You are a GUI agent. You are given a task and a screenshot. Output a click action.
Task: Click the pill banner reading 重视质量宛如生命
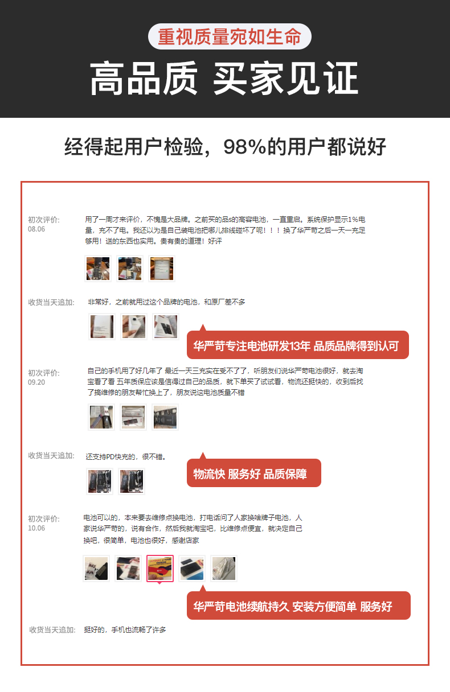230,36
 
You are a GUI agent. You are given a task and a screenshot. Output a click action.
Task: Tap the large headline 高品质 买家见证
224,78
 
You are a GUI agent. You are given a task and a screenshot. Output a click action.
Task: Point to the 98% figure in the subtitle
244,146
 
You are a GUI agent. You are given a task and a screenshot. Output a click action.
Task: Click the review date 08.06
36,229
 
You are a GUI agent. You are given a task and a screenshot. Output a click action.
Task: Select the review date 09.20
36,382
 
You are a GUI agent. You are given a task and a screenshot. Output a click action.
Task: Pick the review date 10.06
36,528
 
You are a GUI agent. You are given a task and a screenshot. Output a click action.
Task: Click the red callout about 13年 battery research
297,345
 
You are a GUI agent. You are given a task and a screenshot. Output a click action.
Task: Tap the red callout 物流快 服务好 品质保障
254,473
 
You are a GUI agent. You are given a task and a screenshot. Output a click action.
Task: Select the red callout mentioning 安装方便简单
298,605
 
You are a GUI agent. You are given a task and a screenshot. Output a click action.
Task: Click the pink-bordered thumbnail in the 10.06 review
160,569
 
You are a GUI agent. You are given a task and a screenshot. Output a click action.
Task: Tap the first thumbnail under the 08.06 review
98,269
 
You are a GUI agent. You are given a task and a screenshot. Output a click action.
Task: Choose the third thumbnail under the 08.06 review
162,269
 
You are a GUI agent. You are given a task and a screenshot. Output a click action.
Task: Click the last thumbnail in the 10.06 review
224,569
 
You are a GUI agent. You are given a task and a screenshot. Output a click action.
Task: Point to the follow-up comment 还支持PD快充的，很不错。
126,456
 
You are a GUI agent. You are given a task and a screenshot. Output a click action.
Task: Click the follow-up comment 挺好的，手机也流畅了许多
125,629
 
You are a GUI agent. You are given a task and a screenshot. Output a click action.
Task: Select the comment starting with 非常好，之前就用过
166,302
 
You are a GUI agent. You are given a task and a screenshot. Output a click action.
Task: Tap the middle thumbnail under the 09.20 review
133,417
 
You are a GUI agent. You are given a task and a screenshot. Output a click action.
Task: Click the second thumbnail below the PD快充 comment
132,481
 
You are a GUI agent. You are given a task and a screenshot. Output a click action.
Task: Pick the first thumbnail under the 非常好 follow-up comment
102,327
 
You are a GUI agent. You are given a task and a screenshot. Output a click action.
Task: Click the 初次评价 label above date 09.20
44,373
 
